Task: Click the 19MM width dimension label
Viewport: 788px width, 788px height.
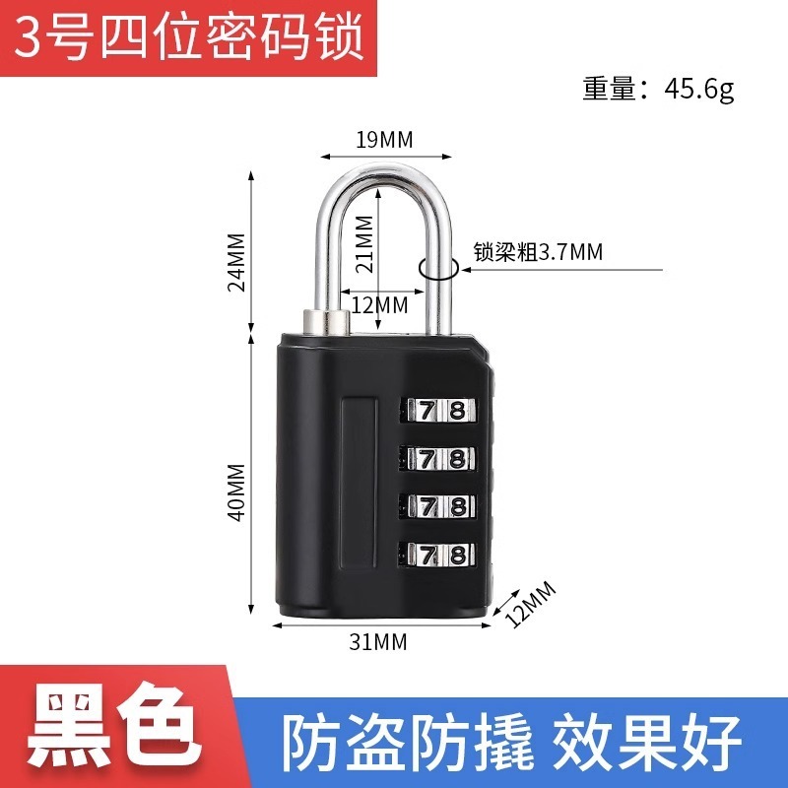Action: tap(384, 139)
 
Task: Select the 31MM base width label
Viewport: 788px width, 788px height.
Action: tap(378, 643)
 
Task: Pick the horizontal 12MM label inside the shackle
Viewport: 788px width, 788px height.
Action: tap(379, 304)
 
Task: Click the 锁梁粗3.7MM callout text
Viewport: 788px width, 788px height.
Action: tap(538, 252)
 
